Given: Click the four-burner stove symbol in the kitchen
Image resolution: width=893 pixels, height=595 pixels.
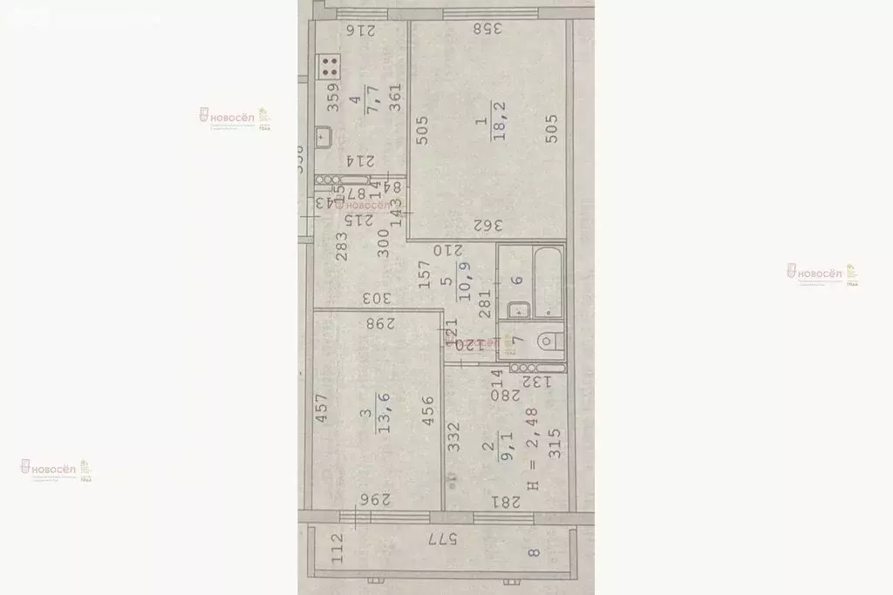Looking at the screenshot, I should pos(330,67).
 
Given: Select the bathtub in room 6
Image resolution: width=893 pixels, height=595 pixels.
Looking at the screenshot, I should pos(548,280).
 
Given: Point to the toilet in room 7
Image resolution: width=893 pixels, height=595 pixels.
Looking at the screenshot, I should pos(548,341).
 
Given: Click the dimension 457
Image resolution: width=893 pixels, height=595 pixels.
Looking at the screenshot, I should pos(322,410).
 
